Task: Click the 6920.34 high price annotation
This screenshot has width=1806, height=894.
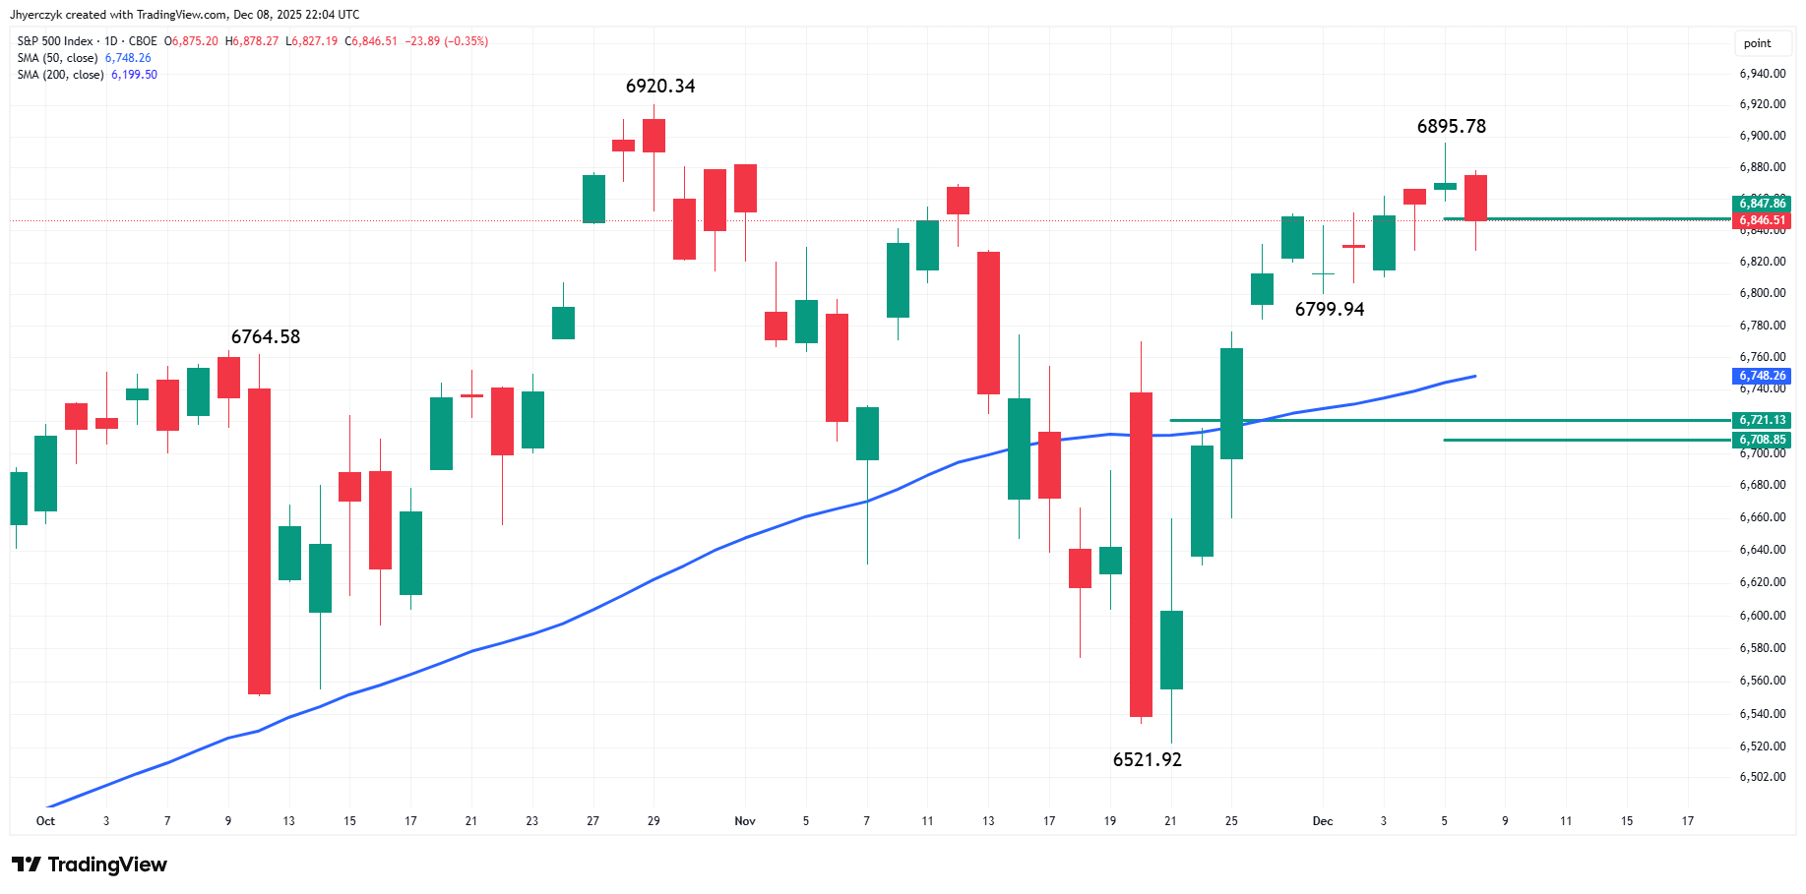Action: click(660, 87)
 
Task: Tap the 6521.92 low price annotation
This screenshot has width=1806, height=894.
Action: click(1147, 759)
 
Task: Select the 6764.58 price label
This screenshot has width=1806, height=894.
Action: click(266, 336)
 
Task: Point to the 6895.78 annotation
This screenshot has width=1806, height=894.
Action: click(1451, 126)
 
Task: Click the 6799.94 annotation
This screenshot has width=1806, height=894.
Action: click(1329, 309)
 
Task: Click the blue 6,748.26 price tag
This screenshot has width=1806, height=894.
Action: click(1761, 376)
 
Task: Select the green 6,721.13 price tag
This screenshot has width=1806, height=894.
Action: click(1761, 420)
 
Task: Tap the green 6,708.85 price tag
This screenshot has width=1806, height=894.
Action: click(1761, 440)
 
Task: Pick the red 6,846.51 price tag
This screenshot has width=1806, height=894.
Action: click(1761, 220)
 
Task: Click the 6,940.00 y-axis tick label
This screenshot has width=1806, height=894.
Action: click(1762, 74)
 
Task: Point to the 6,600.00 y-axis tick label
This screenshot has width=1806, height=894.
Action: click(1762, 616)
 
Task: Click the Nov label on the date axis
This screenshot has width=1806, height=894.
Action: click(745, 821)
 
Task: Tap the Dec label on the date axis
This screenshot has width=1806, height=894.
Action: click(1322, 821)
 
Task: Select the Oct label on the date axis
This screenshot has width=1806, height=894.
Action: click(45, 821)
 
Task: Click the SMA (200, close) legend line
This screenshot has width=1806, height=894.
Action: click(87, 75)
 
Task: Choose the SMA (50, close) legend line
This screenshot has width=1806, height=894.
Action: click(84, 58)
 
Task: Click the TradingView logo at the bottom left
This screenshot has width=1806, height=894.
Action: click(90, 864)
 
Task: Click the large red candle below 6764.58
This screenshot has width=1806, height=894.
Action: click(259, 541)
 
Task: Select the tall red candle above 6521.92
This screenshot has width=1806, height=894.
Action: click(1141, 554)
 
